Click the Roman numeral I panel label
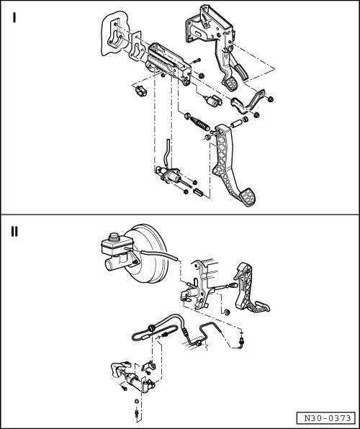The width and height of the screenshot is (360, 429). (x=14, y=18)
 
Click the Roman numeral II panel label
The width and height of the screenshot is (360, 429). (x=14, y=232)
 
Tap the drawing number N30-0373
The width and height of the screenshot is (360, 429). (x=328, y=418)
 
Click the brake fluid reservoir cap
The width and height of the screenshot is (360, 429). (x=114, y=237)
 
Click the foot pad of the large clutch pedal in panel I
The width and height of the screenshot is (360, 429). (x=247, y=197)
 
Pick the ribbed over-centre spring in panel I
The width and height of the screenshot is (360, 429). (x=200, y=124)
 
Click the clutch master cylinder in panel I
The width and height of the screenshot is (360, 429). (x=170, y=175)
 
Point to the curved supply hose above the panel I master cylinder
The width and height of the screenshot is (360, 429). (x=166, y=152)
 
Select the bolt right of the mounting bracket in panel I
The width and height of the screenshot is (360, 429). (x=196, y=60)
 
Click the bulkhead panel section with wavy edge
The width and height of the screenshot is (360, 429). (x=114, y=33)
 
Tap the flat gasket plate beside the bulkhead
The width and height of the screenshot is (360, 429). (x=135, y=46)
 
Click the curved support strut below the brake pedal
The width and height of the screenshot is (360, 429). (x=248, y=102)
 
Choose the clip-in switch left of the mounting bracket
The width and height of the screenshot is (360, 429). (x=140, y=91)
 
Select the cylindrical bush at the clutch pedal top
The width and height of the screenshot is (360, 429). (x=237, y=123)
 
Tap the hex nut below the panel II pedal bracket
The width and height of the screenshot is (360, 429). (x=226, y=312)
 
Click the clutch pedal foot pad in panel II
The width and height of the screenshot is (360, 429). (x=262, y=306)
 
